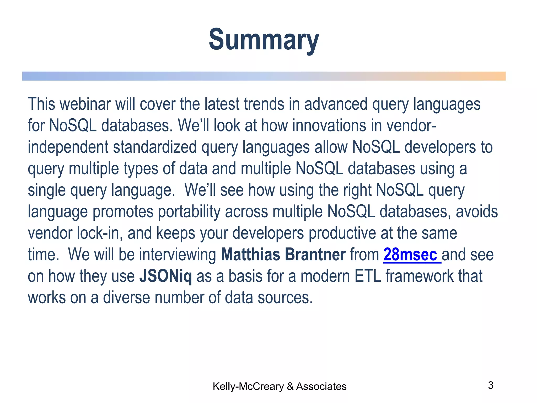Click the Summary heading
coord(264,40)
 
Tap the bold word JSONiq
coord(165,276)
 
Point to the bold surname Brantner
coord(315,254)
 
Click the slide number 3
coord(491,385)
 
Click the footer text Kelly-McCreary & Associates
coord(280,386)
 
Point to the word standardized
coord(155,147)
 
